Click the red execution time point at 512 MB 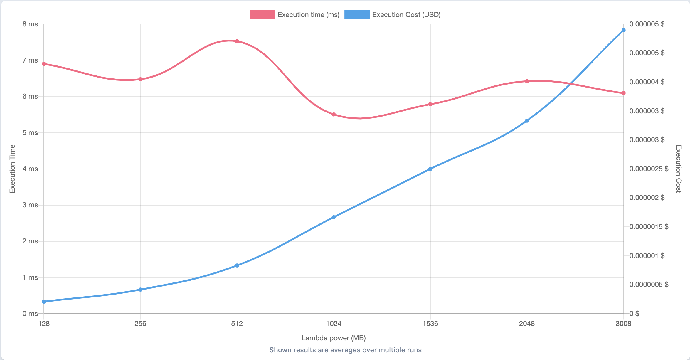[237, 41]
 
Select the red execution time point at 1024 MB [334, 115]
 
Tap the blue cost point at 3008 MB [624, 30]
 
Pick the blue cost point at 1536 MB [430, 169]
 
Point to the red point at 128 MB [44, 64]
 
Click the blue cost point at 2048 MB [527, 121]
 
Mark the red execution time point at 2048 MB [527, 81]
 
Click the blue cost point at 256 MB [140, 290]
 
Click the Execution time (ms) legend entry [294, 15]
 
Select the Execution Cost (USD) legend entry [393, 15]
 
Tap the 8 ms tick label [30, 24]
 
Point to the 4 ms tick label [30, 169]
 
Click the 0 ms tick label [30, 314]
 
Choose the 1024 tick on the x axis [334, 324]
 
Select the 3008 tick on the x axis [623, 324]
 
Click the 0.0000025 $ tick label [649, 169]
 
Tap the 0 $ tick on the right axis [634, 314]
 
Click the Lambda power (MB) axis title [334, 338]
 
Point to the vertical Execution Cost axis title [678, 169]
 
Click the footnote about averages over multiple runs [345, 350]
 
